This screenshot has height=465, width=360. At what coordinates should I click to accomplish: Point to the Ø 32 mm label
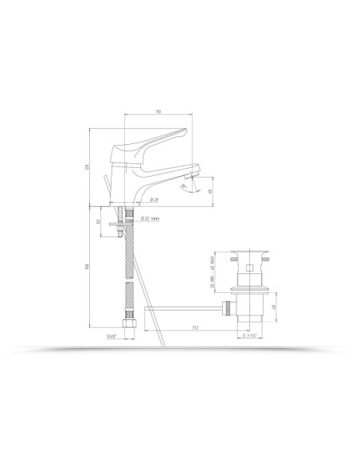(x=151, y=217)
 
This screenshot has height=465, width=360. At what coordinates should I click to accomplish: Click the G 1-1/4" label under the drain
(x=252, y=336)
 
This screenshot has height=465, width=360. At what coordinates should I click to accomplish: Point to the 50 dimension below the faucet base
(x=97, y=222)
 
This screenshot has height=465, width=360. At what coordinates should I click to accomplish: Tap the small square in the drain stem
(x=248, y=270)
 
